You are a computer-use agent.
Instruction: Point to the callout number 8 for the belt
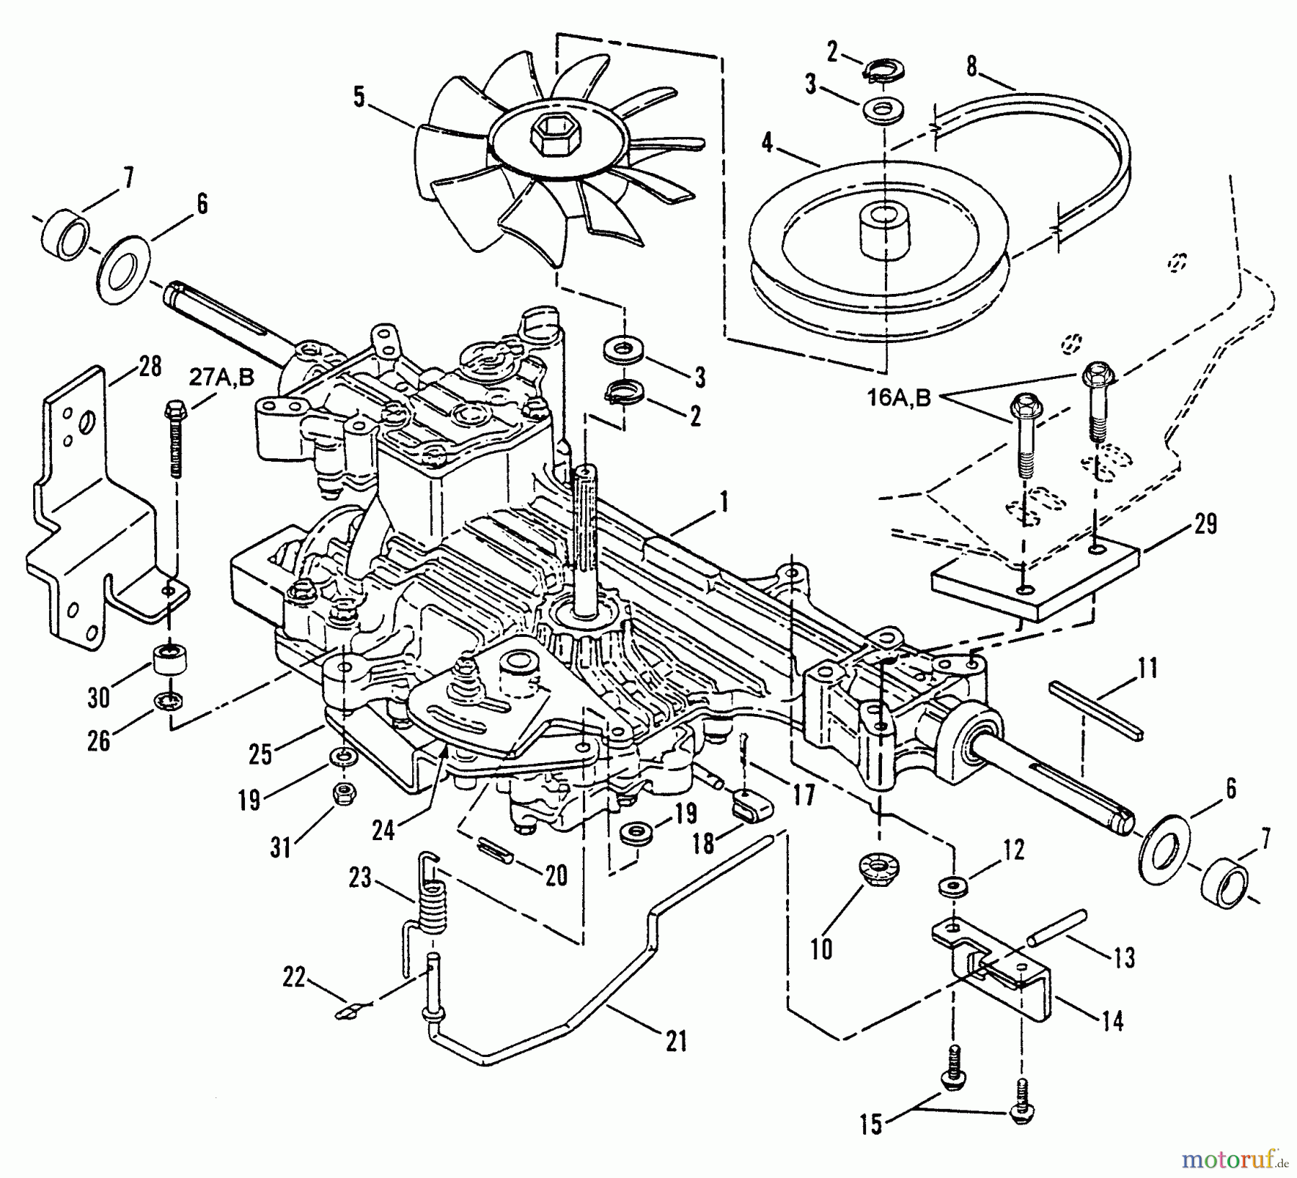tap(972, 67)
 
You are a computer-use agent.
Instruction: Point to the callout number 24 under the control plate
tap(384, 831)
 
